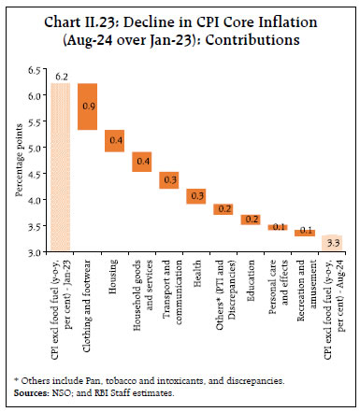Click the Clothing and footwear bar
pos(87,107)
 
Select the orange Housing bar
pos(114,140)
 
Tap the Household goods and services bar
pos(141,162)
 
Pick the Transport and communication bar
pos(168,180)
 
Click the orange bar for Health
pos(195,195)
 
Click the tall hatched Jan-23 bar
pos(60,168)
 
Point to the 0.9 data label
pos(87,107)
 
